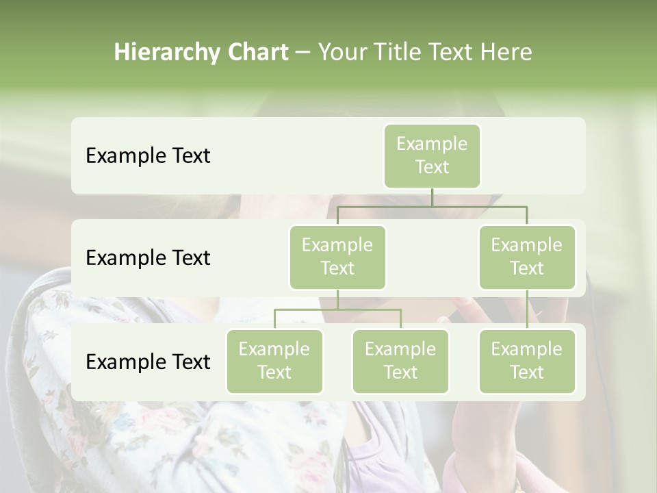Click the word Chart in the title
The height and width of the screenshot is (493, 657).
[257, 52]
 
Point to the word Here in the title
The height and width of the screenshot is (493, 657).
[506, 52]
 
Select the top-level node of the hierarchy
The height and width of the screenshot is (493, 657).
[432, 155]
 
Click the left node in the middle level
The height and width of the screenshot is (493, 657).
[337, 257]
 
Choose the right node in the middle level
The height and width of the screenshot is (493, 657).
[527, 257]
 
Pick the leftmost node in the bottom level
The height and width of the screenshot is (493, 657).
[274, 361]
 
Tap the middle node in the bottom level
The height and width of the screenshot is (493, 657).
[400, 361]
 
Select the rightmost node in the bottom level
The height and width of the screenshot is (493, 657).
[527, 361]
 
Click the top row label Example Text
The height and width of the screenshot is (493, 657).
[148, 155]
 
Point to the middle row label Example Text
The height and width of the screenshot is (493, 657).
[148, 257]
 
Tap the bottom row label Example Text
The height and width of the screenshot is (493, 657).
[148, 362]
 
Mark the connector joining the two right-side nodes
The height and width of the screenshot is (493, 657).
[527, 309]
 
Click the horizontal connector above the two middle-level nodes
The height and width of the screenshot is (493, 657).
[432, 205]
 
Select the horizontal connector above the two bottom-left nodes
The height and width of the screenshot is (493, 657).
[337, 309]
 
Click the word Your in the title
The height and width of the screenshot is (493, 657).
[342, 52]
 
